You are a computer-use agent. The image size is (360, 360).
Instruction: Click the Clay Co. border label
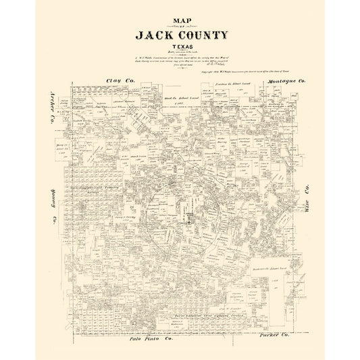[x=119, y=80]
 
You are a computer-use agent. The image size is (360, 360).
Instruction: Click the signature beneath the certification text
[x=220, y=69]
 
